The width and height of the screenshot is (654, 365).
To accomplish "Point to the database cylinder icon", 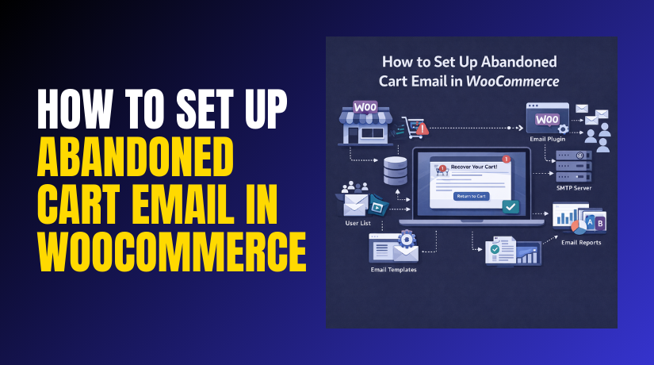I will (x=395, y=171).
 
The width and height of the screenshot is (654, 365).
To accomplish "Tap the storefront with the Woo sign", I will (x=363, y=122).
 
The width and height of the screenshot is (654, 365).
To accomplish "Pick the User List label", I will (x=358, y=225).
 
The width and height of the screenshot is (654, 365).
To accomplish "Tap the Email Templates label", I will (x=394, y=270).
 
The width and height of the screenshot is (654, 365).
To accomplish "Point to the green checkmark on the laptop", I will (x=511, y=207).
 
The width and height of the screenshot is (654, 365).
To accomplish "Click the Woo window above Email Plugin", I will (x=548, y=119).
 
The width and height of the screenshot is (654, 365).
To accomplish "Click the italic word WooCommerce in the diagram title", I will (x=521, y=81).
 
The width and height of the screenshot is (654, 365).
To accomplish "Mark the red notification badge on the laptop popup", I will (x=505, y=159).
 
